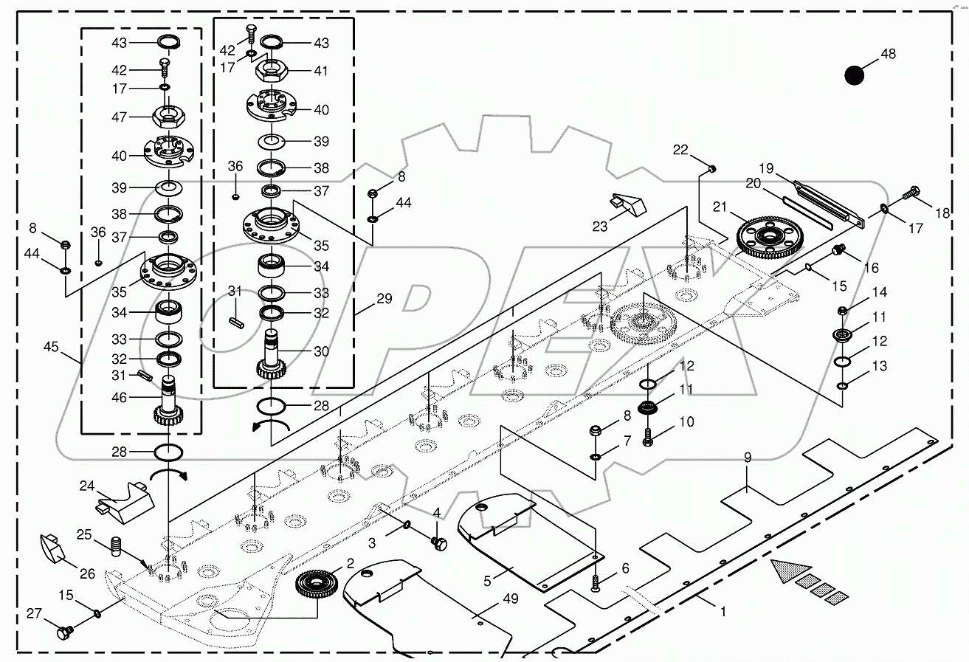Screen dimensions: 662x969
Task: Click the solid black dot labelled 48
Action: [x=854, y=75]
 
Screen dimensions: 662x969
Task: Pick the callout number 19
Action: [x=766, y=169]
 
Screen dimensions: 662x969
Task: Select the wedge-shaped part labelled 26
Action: [x=52, y=547]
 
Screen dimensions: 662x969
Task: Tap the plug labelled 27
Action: [x=64, y=632]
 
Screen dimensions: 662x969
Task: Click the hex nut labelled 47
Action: [x=169, y=117]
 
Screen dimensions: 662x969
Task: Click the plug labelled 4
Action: [x=440, y=545]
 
